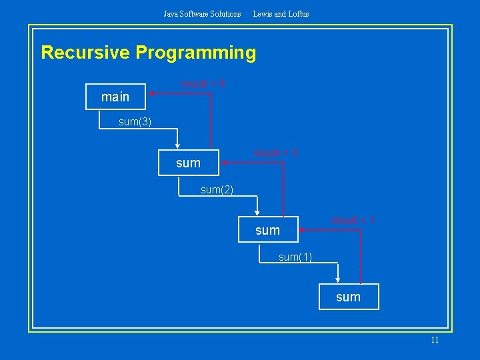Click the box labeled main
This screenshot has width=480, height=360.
(116, 97)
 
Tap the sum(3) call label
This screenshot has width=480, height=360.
(135, 122)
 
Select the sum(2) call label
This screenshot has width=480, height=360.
(217, 190)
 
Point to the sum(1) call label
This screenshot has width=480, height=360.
(295, 257)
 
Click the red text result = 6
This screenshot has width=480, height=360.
(203, 83)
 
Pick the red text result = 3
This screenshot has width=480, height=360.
(275, 153)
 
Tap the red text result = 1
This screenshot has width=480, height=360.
(353, 220)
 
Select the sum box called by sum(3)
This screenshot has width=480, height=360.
(188, 163)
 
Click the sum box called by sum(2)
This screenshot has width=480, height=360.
(267, 230)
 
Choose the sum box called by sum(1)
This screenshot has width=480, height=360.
(348, 297)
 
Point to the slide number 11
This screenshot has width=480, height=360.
(435, 340)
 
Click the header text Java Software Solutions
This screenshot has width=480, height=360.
(202, 13)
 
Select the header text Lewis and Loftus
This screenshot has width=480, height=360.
(281, 13)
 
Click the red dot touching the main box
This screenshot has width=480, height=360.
(151, 94)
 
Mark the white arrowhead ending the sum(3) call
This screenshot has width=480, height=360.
(177, 147)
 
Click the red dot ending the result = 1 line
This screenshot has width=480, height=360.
(301, 229)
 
